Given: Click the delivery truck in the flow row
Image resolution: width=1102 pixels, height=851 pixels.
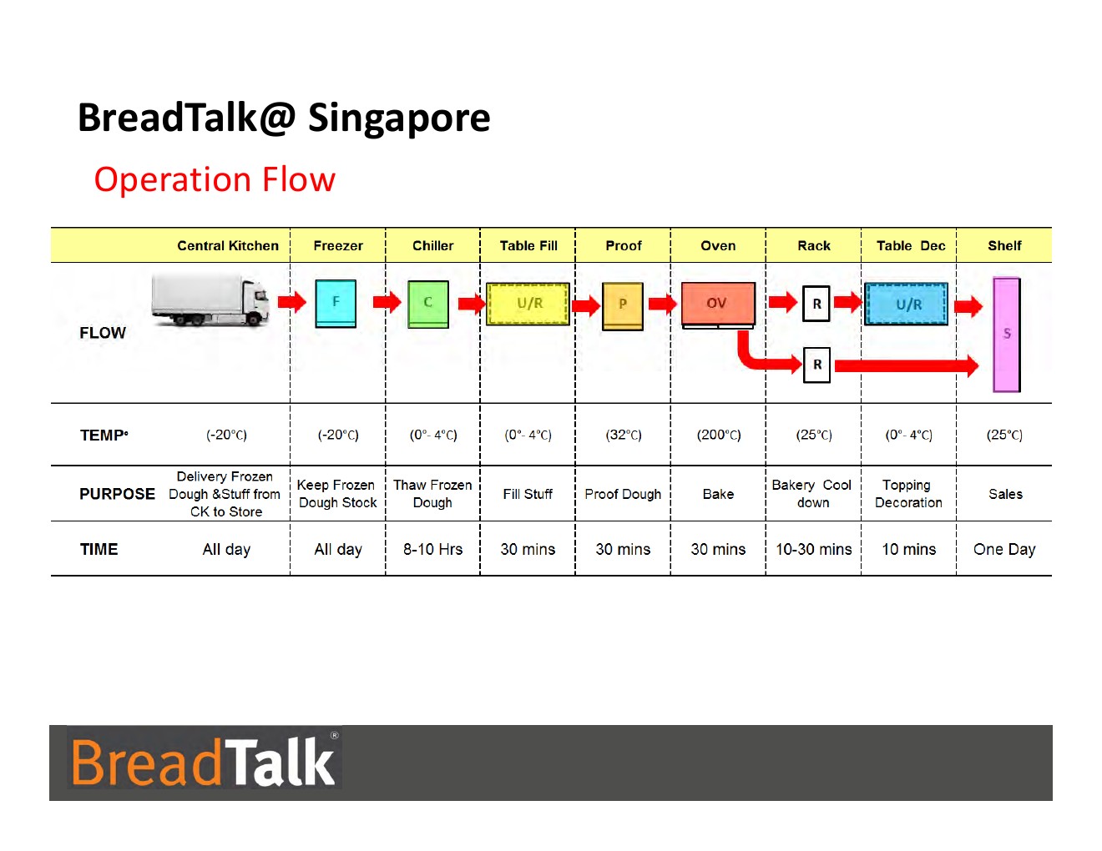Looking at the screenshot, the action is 210,300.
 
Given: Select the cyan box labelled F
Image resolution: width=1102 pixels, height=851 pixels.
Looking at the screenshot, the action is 336,303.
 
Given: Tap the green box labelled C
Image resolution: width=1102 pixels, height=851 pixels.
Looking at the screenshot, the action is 428,305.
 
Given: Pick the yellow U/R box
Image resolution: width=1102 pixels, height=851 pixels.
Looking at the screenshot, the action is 528,304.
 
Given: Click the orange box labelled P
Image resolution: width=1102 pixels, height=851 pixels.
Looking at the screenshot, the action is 622,306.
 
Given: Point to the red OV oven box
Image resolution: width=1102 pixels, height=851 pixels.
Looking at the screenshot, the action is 718,305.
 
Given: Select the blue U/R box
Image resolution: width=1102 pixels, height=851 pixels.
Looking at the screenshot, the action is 906,305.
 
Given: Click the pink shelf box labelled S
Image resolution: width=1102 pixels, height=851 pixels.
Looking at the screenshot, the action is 1006,335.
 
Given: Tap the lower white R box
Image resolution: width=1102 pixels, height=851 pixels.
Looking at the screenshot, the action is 816,365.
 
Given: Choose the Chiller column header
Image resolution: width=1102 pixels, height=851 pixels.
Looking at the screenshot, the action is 432,246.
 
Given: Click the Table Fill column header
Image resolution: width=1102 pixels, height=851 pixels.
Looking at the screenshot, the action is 528,246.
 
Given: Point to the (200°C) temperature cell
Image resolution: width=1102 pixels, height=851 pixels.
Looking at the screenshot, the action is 719,435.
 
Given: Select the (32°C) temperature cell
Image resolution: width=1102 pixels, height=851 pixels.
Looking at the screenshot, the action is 624,435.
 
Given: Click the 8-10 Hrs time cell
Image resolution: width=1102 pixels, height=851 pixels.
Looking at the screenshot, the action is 432,549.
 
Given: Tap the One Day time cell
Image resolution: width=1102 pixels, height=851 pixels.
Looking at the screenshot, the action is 1004,550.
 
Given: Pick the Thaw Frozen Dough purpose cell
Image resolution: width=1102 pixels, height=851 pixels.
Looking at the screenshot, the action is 432,494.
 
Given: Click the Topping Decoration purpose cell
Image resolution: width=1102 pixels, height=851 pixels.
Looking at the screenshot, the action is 908,494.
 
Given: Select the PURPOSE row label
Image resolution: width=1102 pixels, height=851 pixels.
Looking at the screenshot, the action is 117,494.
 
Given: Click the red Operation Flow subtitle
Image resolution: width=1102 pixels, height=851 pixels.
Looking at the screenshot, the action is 215,179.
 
